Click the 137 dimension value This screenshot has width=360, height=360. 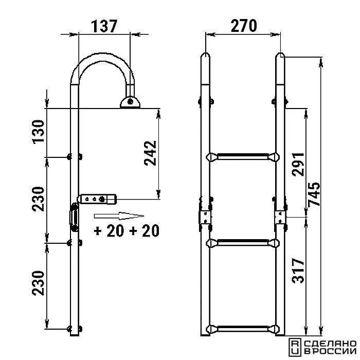tap(104, 26)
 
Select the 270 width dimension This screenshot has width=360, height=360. tap(244, 26)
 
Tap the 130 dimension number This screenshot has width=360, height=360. tap(38, 132)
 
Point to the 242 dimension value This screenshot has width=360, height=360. tap(150, 153)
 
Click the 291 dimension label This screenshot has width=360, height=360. tap(298, 164)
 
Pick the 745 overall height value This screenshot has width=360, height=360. tap(314, 194)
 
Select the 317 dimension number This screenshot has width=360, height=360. tap(298, 271)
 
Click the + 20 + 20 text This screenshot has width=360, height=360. tap(127, 231)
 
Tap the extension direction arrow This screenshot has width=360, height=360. tap(119, 216)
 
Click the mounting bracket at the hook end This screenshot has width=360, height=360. tap(130, 102)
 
